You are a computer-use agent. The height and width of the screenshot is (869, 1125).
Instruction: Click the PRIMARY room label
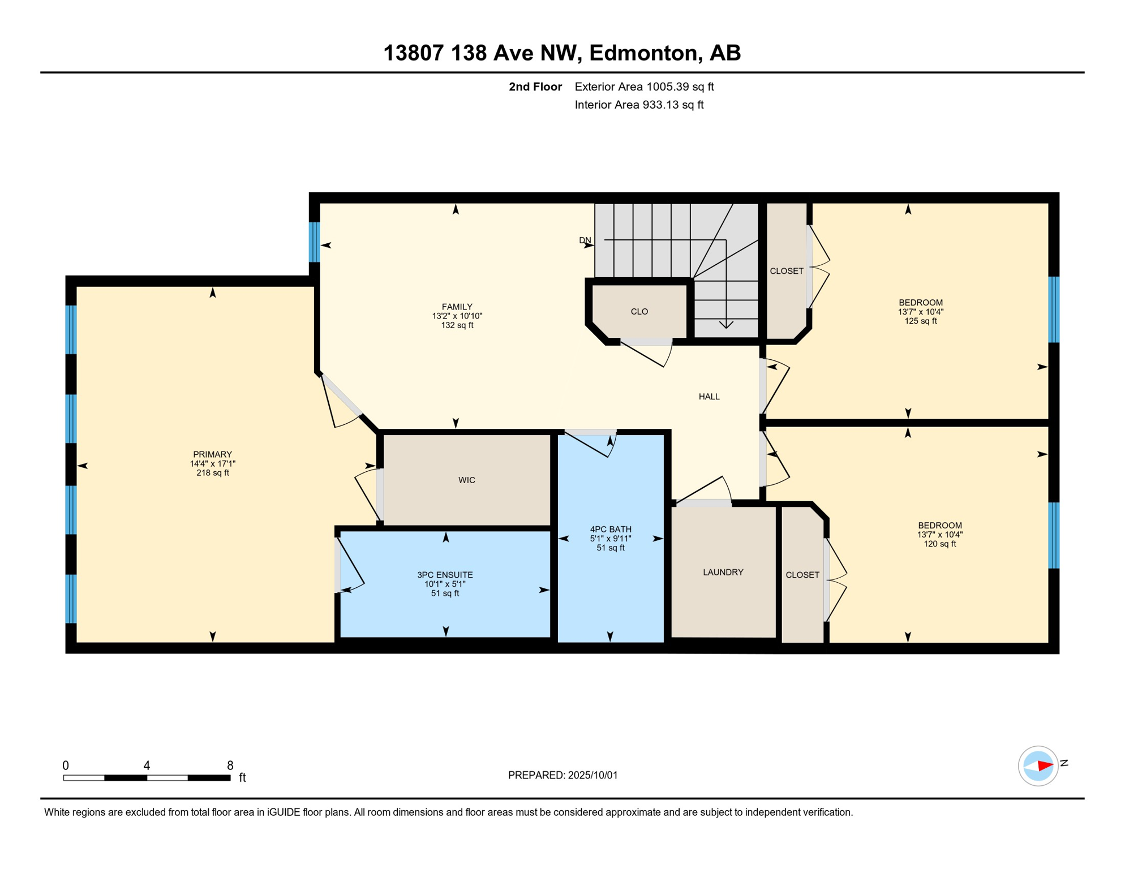click(212, 454)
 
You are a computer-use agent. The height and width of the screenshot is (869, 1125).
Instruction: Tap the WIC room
click(467, 480)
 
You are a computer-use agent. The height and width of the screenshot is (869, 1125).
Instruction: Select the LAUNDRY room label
click(723, 573)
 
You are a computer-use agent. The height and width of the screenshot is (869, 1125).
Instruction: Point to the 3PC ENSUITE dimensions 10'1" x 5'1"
click(445, 584)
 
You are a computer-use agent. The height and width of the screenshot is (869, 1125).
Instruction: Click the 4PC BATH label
click(611, 530)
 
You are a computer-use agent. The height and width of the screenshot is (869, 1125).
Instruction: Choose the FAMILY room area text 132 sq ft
click(457, 325)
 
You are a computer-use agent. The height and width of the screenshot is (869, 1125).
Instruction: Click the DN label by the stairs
click(585, 240)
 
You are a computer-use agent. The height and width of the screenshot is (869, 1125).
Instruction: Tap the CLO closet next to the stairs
click(639, 312)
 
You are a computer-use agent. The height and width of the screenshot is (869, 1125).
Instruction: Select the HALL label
click(709, 397)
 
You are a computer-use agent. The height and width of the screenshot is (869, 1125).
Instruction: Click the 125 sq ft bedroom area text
click(921, 321)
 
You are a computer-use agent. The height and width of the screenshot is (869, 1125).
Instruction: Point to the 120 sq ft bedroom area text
click(940, 544)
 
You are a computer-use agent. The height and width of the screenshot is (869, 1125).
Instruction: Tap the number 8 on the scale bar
click(230, 765)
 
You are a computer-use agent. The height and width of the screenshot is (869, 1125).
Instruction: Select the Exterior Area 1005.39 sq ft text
click(644, 87)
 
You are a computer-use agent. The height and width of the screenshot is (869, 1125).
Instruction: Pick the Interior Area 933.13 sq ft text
click(639, 105)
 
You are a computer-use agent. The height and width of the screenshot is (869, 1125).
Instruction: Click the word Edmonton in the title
click(642, 53)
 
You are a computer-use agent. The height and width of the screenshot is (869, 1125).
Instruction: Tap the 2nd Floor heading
click(535, 87)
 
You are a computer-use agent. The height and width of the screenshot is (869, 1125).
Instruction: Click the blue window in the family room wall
click(315, 242)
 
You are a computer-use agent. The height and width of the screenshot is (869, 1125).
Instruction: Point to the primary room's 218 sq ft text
click(213, 473)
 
